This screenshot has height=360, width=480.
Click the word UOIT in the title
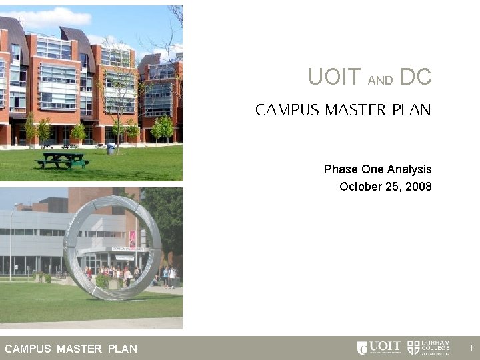point(335,78)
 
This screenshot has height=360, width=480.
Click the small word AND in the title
point(381,81)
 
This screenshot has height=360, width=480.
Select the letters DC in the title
point(416,78)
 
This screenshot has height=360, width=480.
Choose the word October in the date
point(360,187)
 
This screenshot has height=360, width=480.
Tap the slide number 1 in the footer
point(470,348)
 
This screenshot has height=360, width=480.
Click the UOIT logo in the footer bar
point(379,347)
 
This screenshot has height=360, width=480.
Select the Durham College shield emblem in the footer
point(413,347)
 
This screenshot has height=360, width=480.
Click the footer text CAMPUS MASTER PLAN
point(71,349)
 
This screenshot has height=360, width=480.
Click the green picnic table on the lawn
point(62,160)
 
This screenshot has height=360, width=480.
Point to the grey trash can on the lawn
point(111,148)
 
